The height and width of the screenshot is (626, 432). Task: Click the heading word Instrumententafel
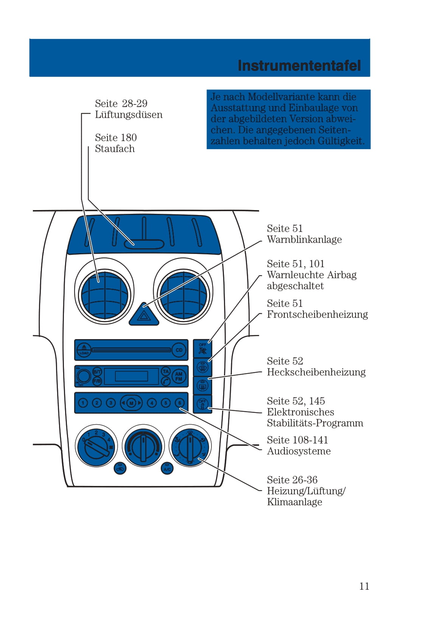(299, 65)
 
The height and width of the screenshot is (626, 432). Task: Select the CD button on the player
(179, 350)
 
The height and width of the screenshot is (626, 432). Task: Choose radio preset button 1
(83, 403)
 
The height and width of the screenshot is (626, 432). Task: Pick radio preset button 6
(180, 403)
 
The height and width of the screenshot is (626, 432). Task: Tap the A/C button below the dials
(167, 469)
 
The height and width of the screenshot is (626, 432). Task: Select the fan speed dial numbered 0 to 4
(96, 446)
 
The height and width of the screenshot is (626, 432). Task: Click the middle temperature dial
(143, 446)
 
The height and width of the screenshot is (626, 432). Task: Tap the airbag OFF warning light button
(202, 349)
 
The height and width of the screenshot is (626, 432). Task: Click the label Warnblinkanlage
(304, 240)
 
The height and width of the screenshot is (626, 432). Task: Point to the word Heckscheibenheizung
(316, 372)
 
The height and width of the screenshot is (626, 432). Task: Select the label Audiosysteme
(298, 451)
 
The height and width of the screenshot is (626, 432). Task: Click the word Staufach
(115, 149)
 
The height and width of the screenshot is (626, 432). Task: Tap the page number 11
(364, 586)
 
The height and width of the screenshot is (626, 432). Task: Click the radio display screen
(131, 376)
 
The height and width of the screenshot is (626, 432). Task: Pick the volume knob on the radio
(84, 376)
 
